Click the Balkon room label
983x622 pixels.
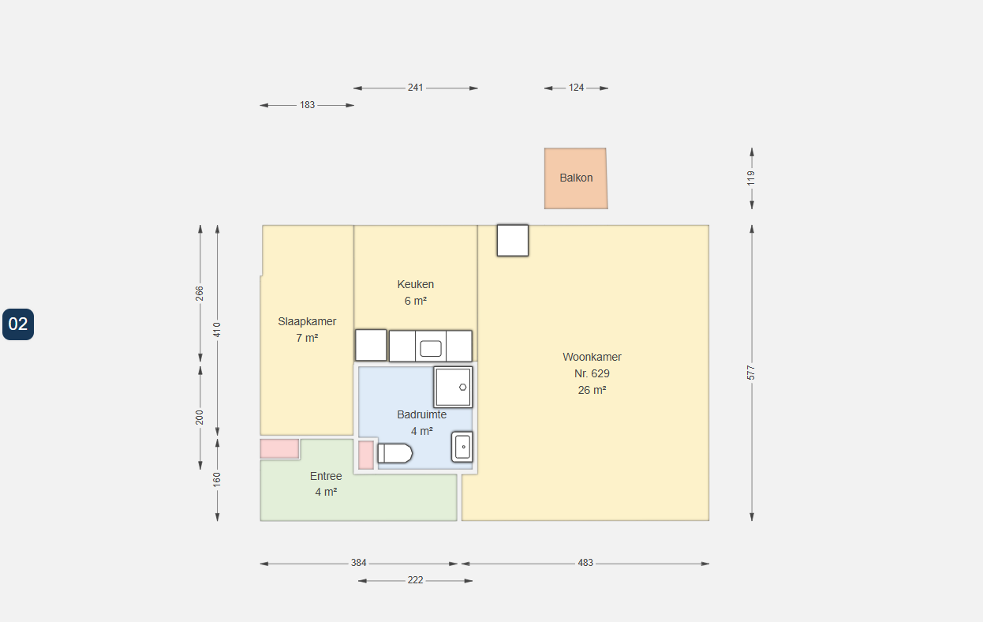(576, 178)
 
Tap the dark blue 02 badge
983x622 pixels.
(18, 324)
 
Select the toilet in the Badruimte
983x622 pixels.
(395, 453)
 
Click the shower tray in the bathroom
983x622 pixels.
(454, 387)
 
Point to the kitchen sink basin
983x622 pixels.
(431, 349)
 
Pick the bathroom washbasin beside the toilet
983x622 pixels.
(462, 447)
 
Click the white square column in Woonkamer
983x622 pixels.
(513, 241)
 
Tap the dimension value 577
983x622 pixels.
(751, 373)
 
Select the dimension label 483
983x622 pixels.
(585, 563)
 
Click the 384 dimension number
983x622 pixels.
(358, 563)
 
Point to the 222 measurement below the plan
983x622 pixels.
(415, 580)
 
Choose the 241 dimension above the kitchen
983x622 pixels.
(415, 88)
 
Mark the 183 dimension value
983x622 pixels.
(307, 105)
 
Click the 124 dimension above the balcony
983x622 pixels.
(576, 88)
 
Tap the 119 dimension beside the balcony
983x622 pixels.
(751, 178)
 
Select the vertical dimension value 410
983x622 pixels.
(217, 330)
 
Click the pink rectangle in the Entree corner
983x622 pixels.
(279, 448)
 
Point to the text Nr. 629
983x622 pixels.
(592, 373)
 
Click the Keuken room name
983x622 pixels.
(416, 284)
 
